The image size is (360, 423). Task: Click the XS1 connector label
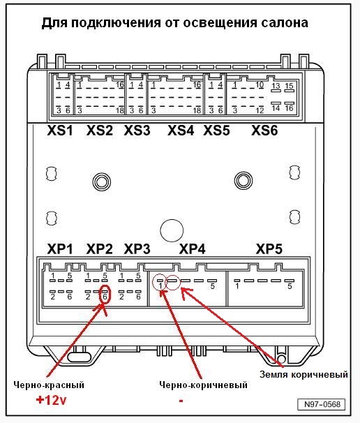60,131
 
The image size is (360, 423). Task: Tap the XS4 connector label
181,131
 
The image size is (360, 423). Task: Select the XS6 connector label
264,131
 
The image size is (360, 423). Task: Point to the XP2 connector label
99,249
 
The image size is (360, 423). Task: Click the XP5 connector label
269,249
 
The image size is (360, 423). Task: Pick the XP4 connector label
193,249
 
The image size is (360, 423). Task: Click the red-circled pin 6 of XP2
105,295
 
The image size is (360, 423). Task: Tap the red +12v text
51,400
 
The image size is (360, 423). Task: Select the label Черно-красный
49,385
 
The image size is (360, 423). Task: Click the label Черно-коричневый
203,385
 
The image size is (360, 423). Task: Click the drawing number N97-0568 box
321,404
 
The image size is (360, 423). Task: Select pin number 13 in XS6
276,86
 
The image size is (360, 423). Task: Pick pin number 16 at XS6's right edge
289,108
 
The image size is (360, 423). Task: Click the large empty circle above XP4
172,230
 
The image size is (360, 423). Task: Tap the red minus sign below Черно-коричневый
181,401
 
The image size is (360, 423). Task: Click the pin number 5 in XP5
290,286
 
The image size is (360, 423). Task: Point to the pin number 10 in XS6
260,84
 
